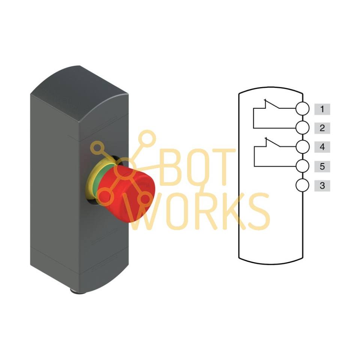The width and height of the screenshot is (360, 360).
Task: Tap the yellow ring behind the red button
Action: tap(91, 178)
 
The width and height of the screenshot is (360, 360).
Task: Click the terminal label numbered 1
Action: tap(322, 109)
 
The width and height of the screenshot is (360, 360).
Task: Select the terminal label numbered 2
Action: tap(322, 128)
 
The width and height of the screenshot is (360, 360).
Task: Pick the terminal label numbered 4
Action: tap(322, 147)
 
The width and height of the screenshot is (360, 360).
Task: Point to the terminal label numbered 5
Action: tap(322, 166)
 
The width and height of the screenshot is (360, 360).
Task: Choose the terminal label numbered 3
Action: tap(322, 186)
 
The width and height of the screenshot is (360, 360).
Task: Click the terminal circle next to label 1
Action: tap(302, 108)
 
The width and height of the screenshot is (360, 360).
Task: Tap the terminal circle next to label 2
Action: tap(302, 127)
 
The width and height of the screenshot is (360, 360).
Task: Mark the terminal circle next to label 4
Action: tap(302, 147)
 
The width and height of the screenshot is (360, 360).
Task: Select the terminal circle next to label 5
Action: tap(302, 166)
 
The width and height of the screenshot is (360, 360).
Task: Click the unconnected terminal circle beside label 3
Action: tap(302, 185)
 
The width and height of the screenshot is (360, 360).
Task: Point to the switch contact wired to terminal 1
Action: tap(272, 104)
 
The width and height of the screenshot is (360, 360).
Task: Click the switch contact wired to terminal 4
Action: tap(273, 142)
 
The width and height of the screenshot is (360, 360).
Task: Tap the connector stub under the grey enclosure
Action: tap(78, 291)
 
